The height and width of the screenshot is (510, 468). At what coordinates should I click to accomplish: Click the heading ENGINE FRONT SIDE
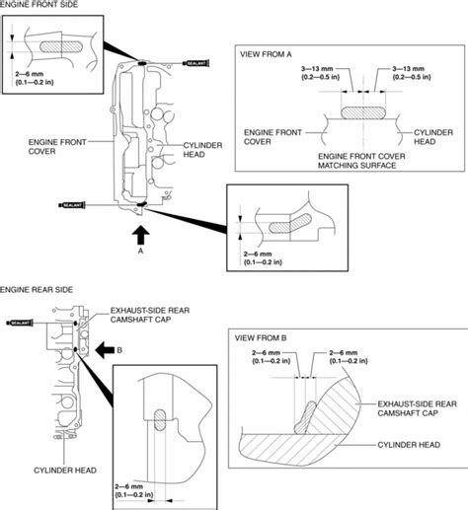tap(43, 8)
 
